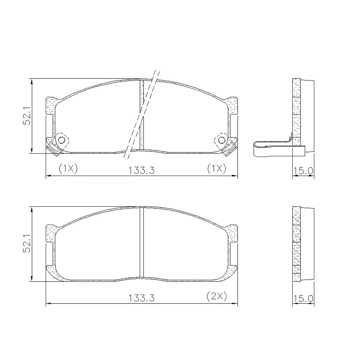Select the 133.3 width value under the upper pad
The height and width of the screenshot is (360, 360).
(x=141, y=171)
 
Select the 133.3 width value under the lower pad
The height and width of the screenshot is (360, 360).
(x=141, y=298)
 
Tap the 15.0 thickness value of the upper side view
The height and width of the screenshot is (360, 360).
(x=303, y=171)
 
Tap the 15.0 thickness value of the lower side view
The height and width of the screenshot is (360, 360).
(x=303, y=298)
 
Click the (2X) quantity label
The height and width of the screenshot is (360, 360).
(x=216, y=296)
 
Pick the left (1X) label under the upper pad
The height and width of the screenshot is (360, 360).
(x=68, y=168)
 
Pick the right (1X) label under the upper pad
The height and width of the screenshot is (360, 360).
(x=216, y=168)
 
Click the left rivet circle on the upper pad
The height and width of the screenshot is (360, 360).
(x=62, y=140)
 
